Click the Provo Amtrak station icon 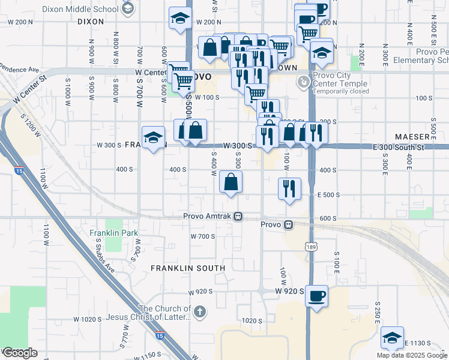tap(238, 216)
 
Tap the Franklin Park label tap(113, 233)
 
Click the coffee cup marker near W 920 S tap(316, 295)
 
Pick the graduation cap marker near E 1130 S tap(392, 337)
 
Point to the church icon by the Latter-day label tap(200, 311)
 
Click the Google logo tap(19, 353)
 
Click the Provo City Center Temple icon tap(305, 80)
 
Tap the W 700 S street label tap(203, 236)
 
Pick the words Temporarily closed tap(340, 92)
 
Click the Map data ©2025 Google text tap(412, 355)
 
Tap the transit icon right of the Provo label tap(289, 225)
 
